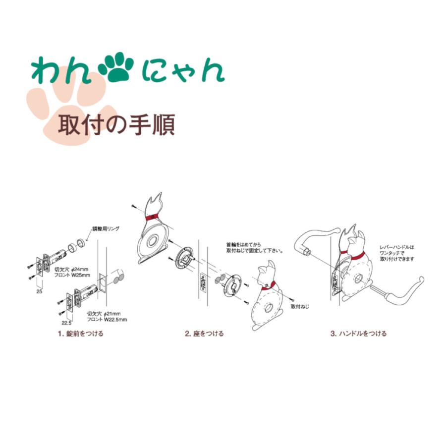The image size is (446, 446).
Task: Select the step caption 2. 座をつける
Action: pos(204,334)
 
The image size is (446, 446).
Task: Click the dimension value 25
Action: pos(39,292)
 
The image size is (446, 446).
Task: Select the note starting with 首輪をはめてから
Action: pos(254,247)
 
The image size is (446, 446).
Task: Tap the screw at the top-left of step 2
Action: pos(134,205)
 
